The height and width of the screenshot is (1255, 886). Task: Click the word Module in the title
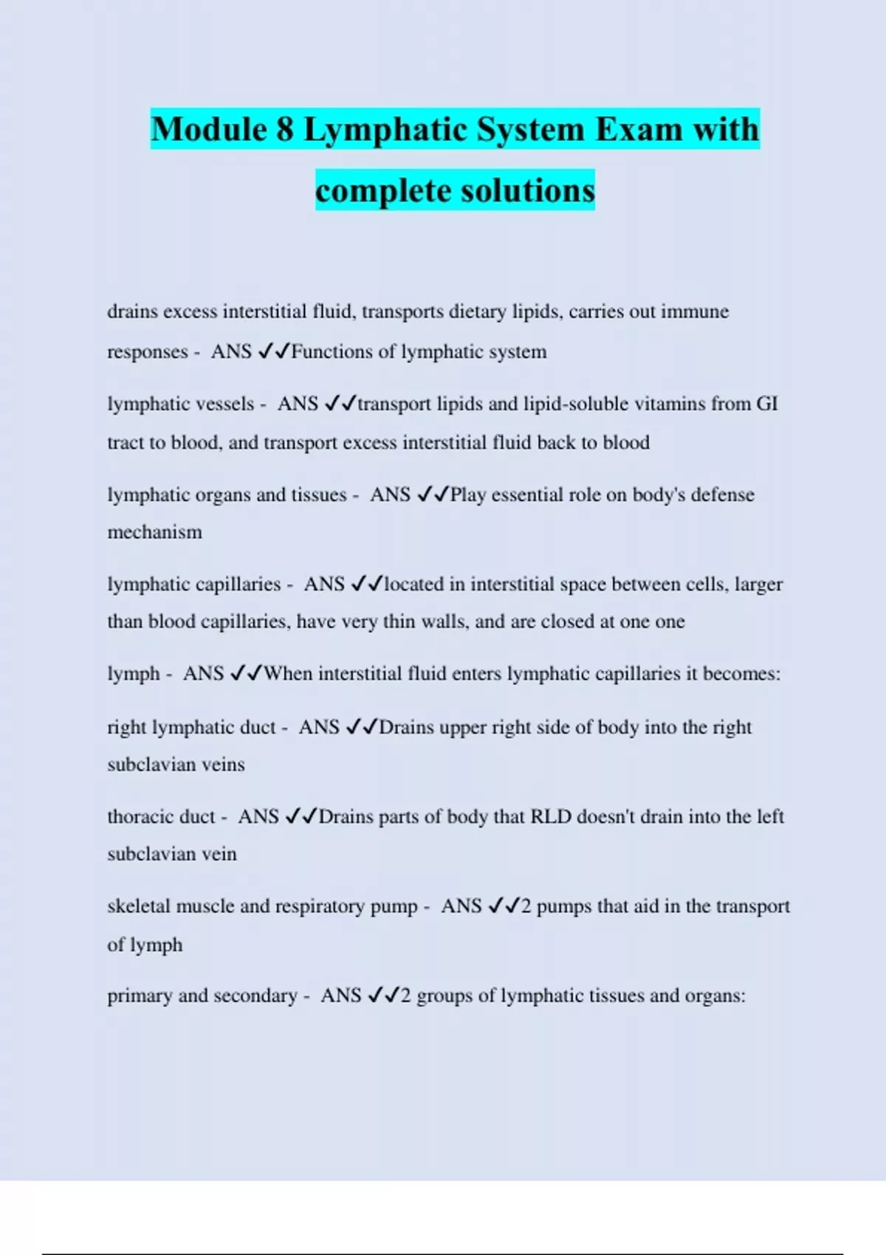tap(209, 130)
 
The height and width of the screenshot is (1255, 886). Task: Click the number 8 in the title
tap(286, 130)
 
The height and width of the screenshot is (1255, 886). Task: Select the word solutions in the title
tap(527, 191)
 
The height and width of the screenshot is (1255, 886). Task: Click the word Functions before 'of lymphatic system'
tap(332, 352)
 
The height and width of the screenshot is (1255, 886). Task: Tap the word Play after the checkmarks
tap(468, 495)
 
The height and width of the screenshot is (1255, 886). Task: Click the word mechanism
tap(154, 532)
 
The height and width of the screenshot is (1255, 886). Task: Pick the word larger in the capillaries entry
tap(758, 585)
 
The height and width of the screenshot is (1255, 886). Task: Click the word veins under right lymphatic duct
tap(223, 765)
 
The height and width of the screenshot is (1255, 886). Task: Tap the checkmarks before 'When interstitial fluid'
tap(246, 674)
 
